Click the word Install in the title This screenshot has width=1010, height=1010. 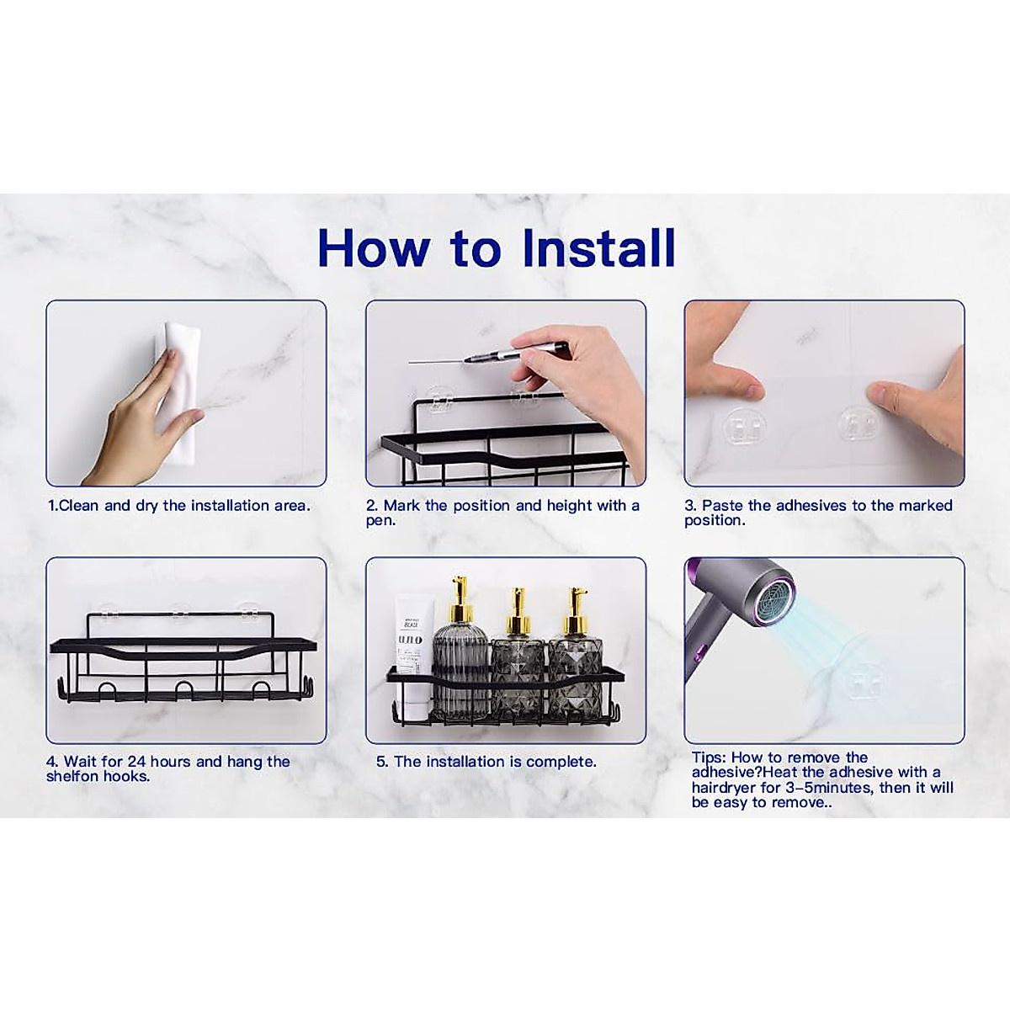coord(598,248)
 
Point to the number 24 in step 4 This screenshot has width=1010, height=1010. coord(136,762)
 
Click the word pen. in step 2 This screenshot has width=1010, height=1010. coord(381,521)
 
